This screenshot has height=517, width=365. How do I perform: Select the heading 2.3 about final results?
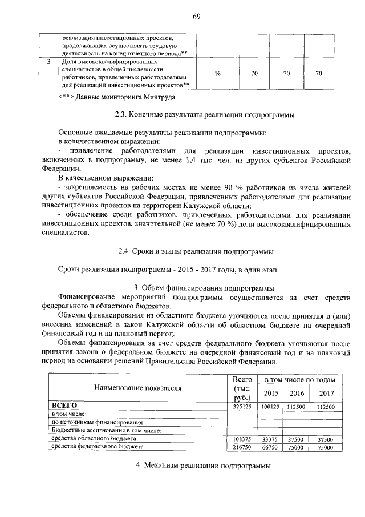pyautogui.click(x=204, y=115)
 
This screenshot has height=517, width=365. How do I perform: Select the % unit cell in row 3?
pyautogui.click(x=218, y=73)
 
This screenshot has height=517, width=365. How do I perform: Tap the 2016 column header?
pyautogui.click(x=297, y=394)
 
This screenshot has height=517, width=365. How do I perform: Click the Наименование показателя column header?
pyautogui.click(x=137, y=388)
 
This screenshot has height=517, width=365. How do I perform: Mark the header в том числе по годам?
pyautogui.click(x=299, y=379)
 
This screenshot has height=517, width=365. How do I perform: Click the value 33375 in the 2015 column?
pyautogui.click(x=271, y=439)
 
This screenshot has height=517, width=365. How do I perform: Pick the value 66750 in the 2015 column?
pyautogui.click(x=271, y=447)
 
